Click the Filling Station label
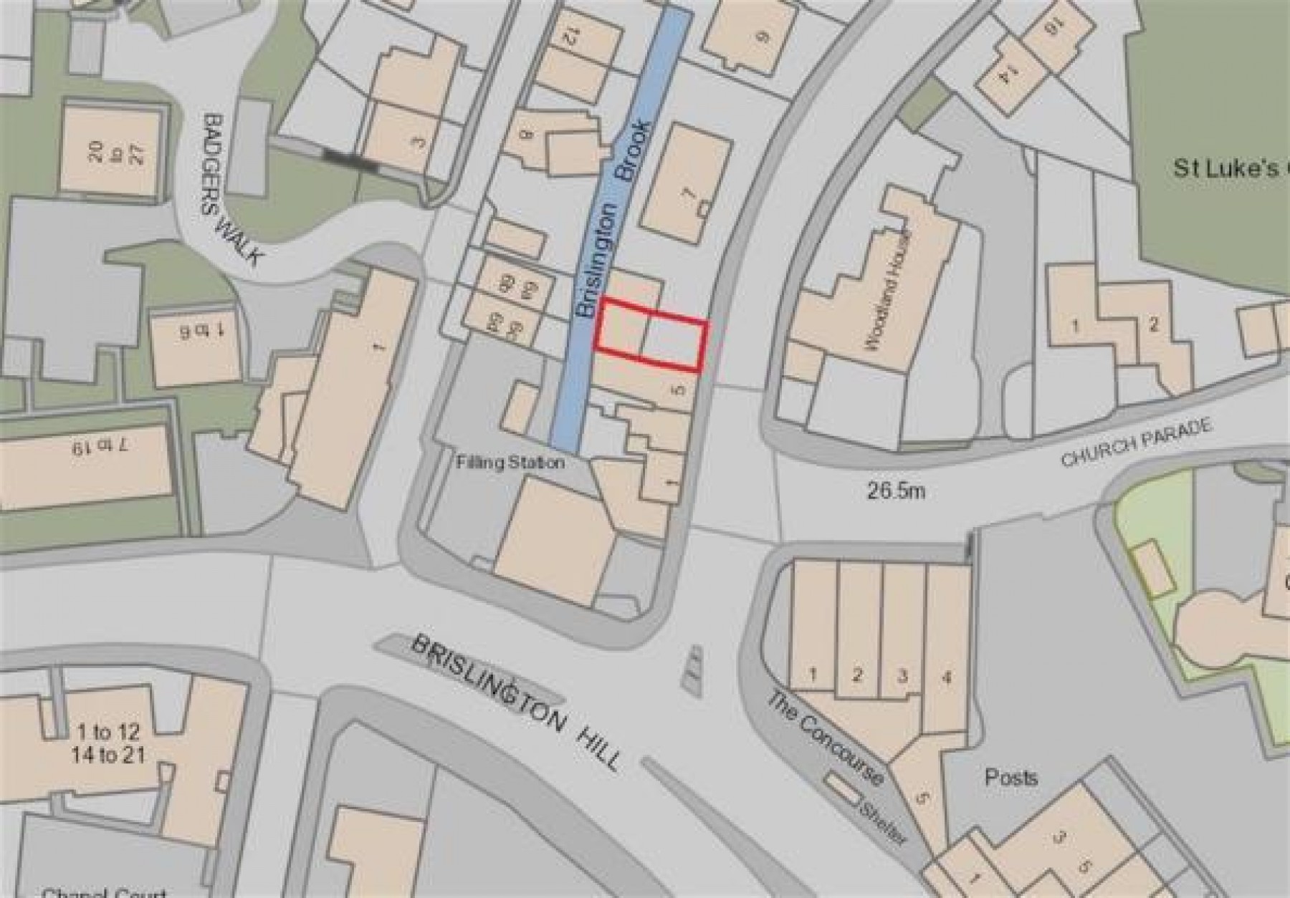tap(510, 463)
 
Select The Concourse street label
tap(824, 738)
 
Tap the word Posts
tap(1010, 777)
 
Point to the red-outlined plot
tap(651, 336)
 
